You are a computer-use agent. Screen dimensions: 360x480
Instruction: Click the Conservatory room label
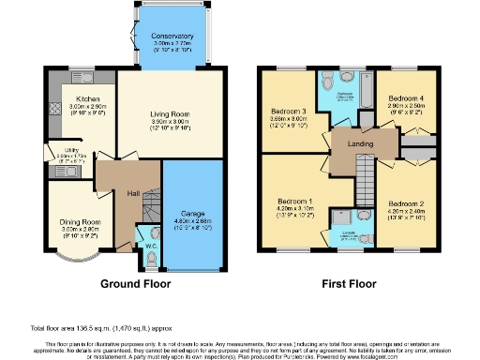pos(172,37)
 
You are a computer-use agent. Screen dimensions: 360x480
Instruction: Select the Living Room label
pos(170,116)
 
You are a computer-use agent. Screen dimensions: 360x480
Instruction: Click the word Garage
pos(193,214)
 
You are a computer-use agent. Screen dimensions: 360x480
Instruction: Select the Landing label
pos(359,142)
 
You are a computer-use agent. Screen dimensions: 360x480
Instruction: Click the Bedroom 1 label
pos(295,200)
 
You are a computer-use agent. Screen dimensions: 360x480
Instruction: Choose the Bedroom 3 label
pos(289,112)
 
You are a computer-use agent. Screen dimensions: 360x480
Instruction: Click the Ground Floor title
pos(133,282)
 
